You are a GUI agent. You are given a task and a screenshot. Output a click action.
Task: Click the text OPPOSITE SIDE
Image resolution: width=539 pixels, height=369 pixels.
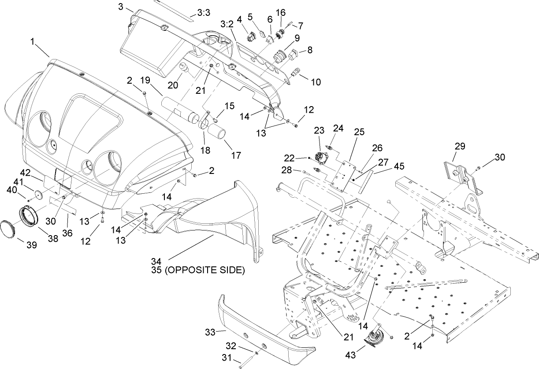pyautogui.click(x=204, y=270)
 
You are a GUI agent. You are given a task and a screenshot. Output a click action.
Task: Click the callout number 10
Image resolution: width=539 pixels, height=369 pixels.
pyautogui.click(x=316, y=82)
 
